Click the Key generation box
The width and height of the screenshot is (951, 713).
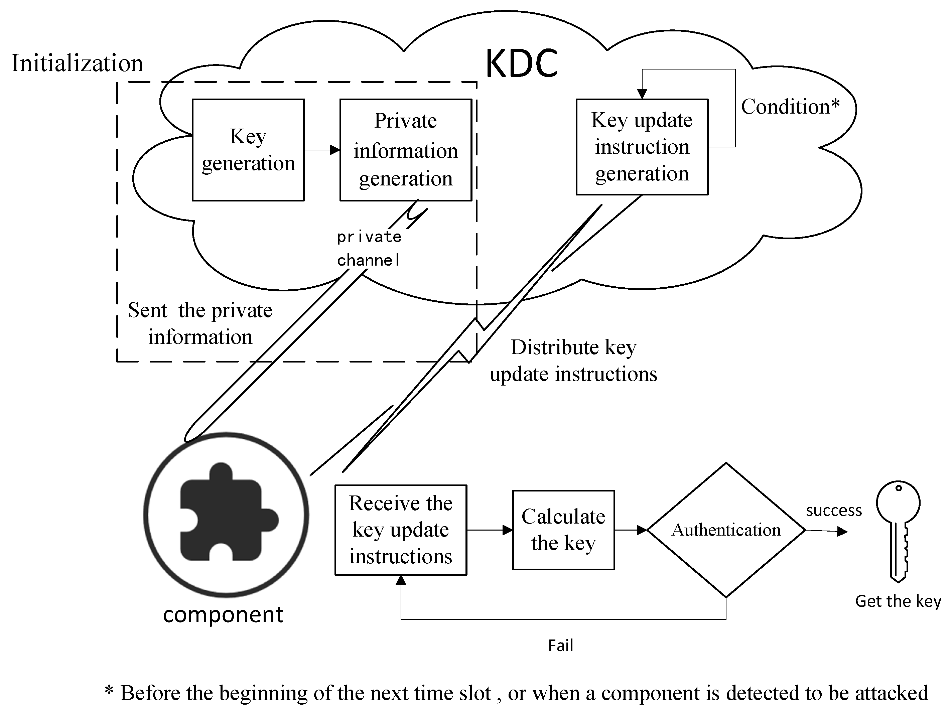pos(248,150)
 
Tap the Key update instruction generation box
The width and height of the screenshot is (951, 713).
pos(642,147)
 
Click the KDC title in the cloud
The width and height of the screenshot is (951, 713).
pos(522,63)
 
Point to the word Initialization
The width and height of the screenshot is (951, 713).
pos(77,63)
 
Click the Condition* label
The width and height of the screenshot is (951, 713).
pos(790,106)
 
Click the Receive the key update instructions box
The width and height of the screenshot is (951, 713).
pos(401,530)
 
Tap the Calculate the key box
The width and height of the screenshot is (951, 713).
pos(563,530)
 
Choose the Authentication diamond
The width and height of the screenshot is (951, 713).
pos(726,530)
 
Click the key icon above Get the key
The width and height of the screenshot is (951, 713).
pos(898,531)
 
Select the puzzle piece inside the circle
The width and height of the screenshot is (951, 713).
pos(229,512)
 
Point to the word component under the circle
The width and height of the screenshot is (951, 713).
pos(223,614)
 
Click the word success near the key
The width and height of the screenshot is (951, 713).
pos(834,510)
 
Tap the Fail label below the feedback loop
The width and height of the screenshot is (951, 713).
pos(561,645)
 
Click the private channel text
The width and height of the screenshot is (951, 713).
pos(369,248)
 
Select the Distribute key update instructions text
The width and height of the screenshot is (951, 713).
pos(573,360)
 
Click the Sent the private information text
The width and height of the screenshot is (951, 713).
pos(200,323)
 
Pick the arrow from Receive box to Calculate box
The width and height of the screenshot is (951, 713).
pos(490,530)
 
